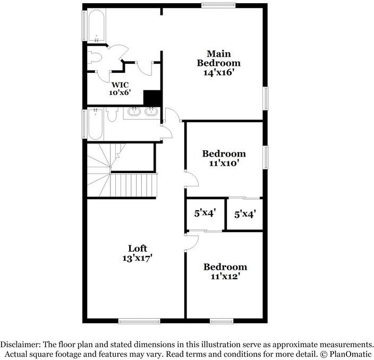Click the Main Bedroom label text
click(218, 58)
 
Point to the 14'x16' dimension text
click(218, 73)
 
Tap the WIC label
click(119, 84)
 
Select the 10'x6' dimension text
click(119, 92)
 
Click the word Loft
click(137, 248)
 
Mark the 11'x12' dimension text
click(225, 276)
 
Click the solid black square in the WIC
click(152, 98)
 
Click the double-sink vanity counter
click(141, 113)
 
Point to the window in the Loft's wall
click(139, 321)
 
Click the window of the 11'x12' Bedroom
click(221, 321)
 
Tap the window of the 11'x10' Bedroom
click(266, 156)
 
